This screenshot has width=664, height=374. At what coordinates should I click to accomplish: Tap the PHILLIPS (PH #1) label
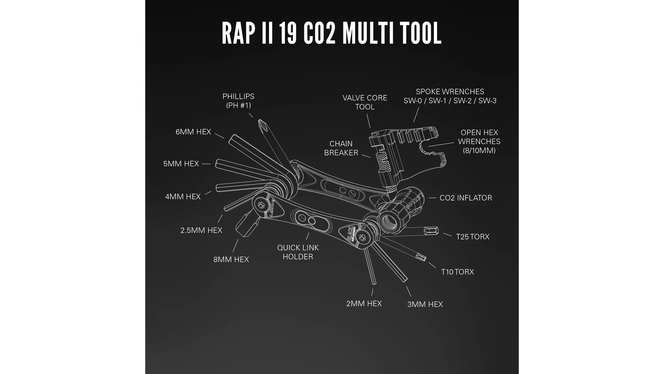pyautogui.click(x=238, y=101)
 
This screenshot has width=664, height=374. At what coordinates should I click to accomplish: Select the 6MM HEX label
pyautogui.click(x=193, y=132)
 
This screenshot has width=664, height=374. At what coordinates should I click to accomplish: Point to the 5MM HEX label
pyautogui.click(x=181, y=164)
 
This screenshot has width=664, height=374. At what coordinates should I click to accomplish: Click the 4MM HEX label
pyautogui.click(x=183, y=197)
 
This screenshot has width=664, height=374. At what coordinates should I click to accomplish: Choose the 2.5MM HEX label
pyautogui.click(x=201, y=230)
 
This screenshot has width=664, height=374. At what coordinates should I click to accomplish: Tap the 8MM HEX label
pyautogui.click(x=231, y=259)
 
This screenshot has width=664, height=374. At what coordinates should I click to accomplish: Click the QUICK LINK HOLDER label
pyautogui.click(x=298, y=252)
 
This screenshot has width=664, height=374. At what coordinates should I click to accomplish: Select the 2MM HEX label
pyautogui.click(x=364, y=304)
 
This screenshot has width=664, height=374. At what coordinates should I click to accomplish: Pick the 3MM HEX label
pyautogui.click(x=425, y=304)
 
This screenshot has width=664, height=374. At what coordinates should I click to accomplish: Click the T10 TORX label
pyautogui.click(x=457, y=272)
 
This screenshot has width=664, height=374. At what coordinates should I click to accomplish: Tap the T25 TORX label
pyautogui.click(x=472, y=237)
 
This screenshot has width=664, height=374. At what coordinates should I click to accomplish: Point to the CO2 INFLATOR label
pyautogui.click(x=465, y=198)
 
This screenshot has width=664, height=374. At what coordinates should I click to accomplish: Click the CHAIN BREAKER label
pyautogui.click(x=341, y=148)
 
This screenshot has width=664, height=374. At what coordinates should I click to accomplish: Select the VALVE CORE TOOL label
pyautogui.click(x=365, y=103)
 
